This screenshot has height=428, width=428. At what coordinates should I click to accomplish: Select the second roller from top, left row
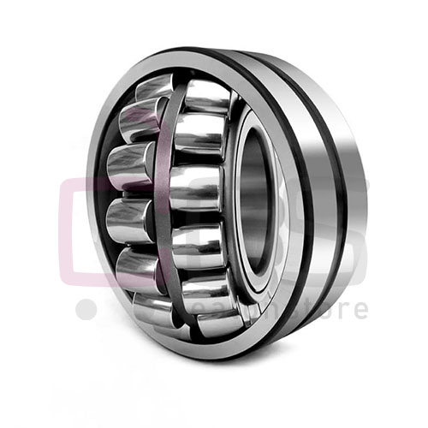(x=138, y=120)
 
